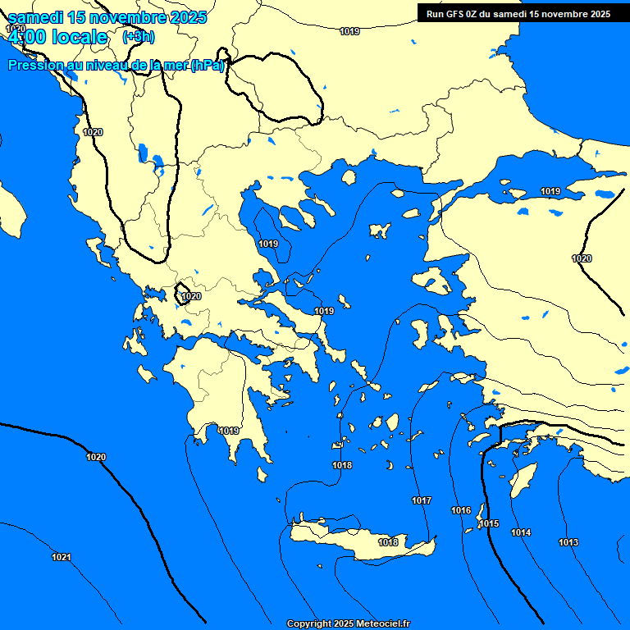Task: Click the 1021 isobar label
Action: coord(61,558)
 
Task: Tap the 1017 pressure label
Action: coord(422,500)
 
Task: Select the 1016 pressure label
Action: coord(461,510)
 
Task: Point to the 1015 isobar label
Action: coord(490,523)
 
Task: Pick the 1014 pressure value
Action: coord(521,533)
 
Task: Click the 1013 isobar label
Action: coord(568,542)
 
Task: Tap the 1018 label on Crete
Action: coord(388,542)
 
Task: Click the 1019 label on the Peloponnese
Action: coord(229,431)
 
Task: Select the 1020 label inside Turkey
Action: coord(582,258)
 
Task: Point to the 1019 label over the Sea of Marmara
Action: coord(550,191)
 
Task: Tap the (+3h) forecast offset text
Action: coord(138,37)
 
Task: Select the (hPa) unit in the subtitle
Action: coord(208,66)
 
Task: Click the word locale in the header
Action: coord(79,37)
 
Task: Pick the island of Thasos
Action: coord(349,177)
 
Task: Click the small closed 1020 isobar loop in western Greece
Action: coord(183,292)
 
